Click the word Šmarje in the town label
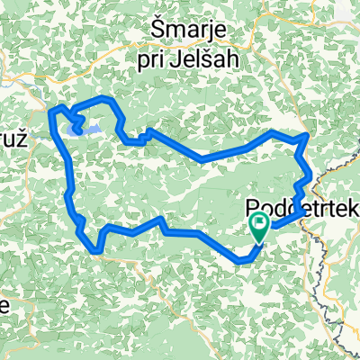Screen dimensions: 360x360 (195, 33)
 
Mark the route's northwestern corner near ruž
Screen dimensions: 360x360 (52, 108)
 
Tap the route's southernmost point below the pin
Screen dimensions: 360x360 (241, 261)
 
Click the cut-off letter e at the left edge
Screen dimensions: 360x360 (4, 304)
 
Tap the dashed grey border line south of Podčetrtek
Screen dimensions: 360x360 (325, 270)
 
